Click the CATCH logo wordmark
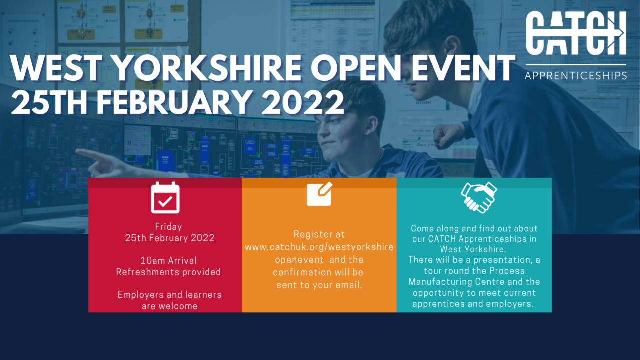(x=576, y=33)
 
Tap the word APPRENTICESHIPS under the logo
(x=576, y=76)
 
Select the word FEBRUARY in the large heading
(x=173, y=102)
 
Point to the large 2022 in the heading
(x=303, y=102)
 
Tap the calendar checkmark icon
(x=165, y=197)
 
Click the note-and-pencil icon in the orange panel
(x=319, y=194)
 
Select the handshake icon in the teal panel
(x=479, y=197)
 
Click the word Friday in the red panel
(x=168, y=227)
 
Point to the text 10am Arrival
(x=168, y=260)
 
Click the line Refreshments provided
(x=168, y=272)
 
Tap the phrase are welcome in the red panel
(x=169, y=306)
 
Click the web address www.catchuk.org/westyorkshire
(x=319, y=247)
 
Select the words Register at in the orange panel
(x=319, y=234)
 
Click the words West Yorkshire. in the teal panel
(x=473, y=249)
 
